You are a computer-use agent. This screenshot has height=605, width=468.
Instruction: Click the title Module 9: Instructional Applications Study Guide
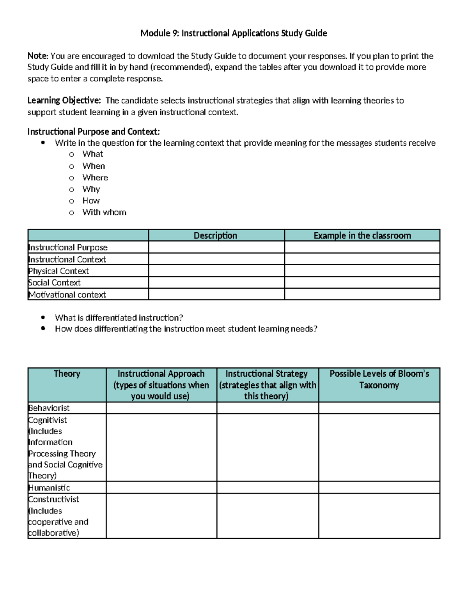pos(234,33)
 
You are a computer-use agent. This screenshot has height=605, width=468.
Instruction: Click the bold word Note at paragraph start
pos(37,56)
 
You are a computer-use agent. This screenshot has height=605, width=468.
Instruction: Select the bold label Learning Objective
pos(64,101)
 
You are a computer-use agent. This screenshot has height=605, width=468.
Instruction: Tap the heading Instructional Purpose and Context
pos(94,132)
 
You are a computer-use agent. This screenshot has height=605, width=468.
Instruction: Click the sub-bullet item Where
pos(95,178)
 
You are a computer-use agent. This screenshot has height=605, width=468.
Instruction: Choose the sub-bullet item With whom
pos(104,212)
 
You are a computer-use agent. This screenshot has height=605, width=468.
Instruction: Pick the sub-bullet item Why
pos(91,189)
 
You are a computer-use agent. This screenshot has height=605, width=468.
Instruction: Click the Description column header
pos(216,236)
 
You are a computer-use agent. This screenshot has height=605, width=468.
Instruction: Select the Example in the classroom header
pos(362,236)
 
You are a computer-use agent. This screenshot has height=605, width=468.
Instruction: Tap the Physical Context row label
pos(58,271)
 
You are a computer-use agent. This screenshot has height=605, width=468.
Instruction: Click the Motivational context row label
pos(67,295)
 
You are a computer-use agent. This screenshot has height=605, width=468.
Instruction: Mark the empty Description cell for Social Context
pos(216,283)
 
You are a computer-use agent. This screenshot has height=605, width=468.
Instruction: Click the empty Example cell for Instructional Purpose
pos(362,247)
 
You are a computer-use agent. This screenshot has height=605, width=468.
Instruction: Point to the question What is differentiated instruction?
pos(119,318)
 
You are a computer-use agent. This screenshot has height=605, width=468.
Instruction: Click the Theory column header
pos(67,374)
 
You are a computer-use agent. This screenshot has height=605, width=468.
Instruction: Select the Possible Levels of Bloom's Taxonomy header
pos(379,379)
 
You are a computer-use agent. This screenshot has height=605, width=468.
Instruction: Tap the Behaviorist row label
pos(49,408)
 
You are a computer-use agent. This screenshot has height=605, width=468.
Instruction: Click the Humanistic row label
pos(50,488)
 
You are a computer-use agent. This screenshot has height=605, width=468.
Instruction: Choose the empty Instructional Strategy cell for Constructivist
pos(268,516)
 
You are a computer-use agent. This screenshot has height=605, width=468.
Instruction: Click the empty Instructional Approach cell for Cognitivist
pos(161,448)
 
